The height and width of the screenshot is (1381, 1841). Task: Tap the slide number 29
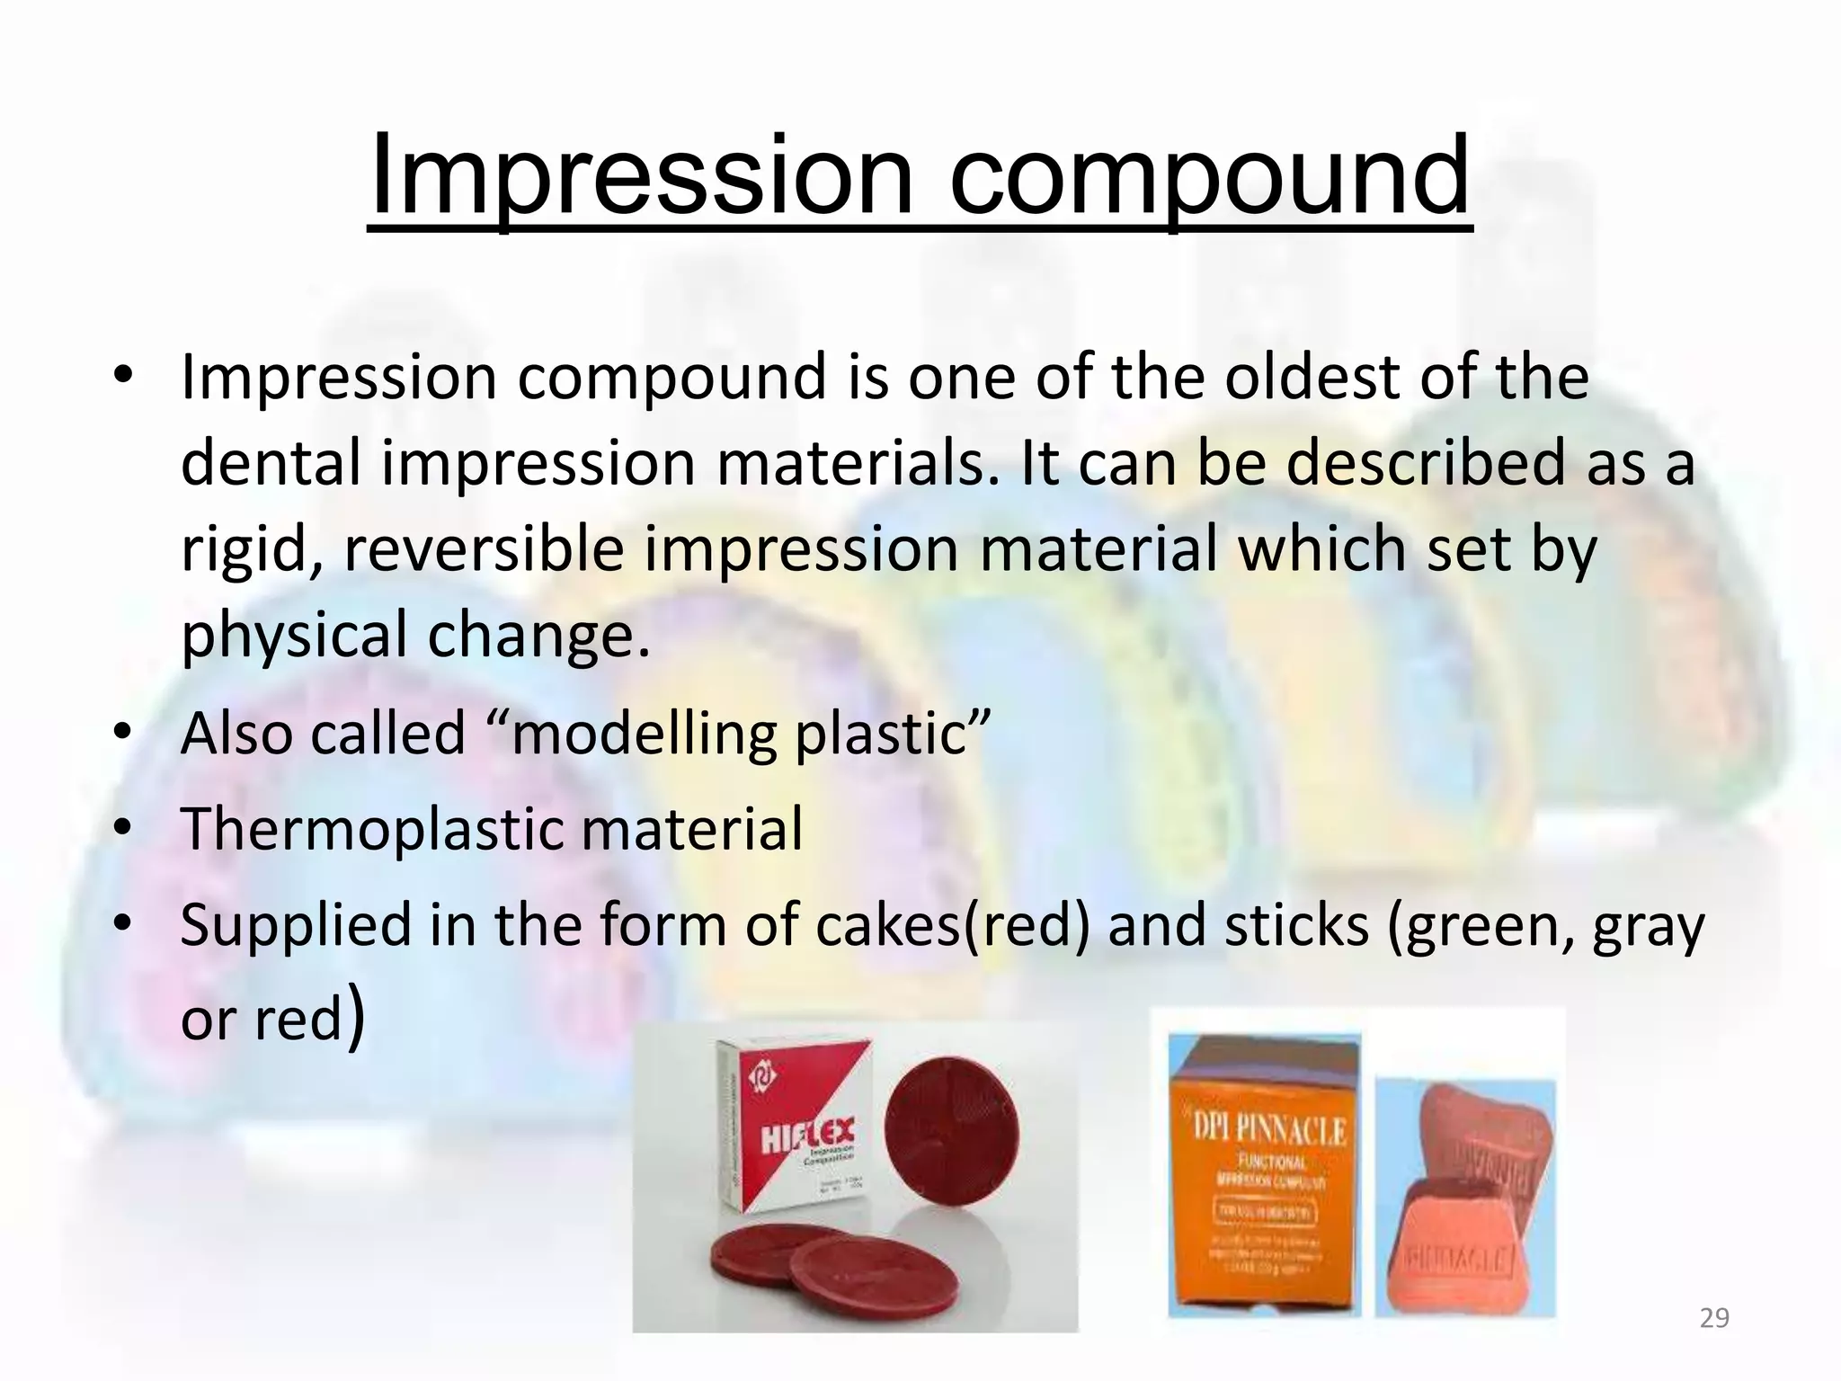(x=1714, y=1318)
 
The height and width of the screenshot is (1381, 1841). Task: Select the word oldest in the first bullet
(x=1312, y=378)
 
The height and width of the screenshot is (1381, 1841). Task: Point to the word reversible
(x=484, y=549)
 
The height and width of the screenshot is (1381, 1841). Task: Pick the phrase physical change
(x=414, y=635)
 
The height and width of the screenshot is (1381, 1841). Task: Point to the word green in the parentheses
(x=1488, y=926)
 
